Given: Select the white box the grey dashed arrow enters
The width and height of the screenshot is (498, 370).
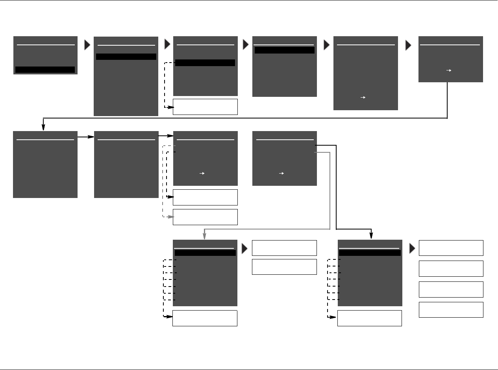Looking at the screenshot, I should (x=205, y=217).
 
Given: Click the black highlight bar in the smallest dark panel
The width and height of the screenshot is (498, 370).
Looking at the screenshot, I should (x=45, y=70).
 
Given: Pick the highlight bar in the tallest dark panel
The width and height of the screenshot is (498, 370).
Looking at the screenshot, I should (x=126, y=57).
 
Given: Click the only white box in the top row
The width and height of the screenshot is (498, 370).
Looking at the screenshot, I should (x=205, y=107).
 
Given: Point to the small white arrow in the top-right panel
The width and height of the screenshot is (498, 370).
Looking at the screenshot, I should (x=448, y=70).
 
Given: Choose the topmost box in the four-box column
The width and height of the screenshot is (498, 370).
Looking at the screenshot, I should (x=451, y=248).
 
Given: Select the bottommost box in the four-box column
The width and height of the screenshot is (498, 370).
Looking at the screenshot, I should (x=451, y=310).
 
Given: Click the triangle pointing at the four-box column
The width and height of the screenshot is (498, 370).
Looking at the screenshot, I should (x=413, y=248).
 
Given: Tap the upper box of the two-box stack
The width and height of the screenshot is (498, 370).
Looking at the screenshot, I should (x=284, y=248).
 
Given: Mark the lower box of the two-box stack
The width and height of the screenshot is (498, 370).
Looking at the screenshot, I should (x=284, y=266).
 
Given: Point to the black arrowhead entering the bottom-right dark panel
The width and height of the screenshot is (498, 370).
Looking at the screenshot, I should (x=371, y=236).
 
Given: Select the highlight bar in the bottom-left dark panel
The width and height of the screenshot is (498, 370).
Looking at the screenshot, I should (x=205, y=253).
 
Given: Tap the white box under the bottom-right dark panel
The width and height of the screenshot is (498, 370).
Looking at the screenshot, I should (x=369, y=318).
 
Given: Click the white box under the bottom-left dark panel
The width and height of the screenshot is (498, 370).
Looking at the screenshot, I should (x=205, y=318).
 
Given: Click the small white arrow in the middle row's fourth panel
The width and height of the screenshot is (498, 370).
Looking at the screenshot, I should (x=281, y=173).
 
